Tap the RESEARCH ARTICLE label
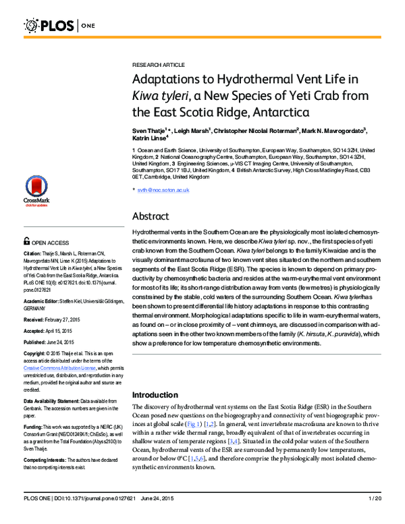(158, 64)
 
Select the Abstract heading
(154, 217)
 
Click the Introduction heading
(157, 394)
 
